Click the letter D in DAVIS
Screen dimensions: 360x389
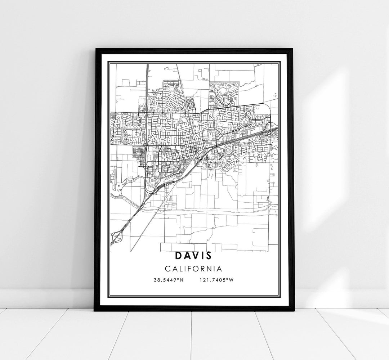(179, 256)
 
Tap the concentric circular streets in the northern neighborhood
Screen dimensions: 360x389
(212, 99)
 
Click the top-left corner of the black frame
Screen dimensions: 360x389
(95, 49)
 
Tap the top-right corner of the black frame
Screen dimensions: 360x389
(293, 49)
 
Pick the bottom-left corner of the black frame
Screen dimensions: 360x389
(95, 310)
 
